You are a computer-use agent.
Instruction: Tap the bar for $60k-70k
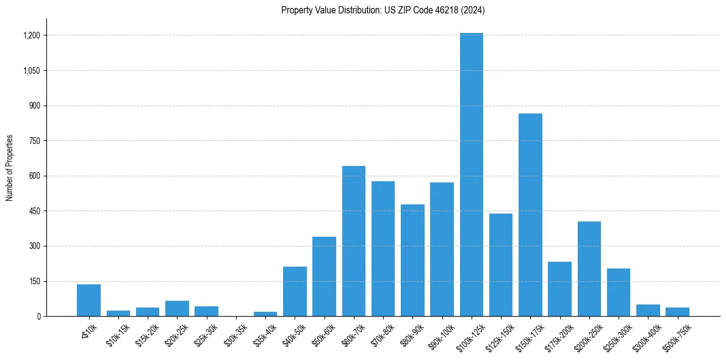coord(354,241)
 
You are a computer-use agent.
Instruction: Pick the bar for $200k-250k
coord(589,268)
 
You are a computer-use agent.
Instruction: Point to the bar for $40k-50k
coord(295,292)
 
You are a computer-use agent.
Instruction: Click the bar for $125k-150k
coord(501,265)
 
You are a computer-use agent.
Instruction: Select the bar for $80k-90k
coord(412,260)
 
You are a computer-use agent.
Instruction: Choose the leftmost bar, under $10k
coord(88,300)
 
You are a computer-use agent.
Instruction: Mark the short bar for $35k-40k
coord(265,314)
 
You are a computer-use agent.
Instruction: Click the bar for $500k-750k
coord(677,312)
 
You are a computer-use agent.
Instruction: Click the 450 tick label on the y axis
coord(34,211)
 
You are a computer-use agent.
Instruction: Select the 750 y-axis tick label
coord(34,141)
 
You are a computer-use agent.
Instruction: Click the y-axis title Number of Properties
coord(10,168)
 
